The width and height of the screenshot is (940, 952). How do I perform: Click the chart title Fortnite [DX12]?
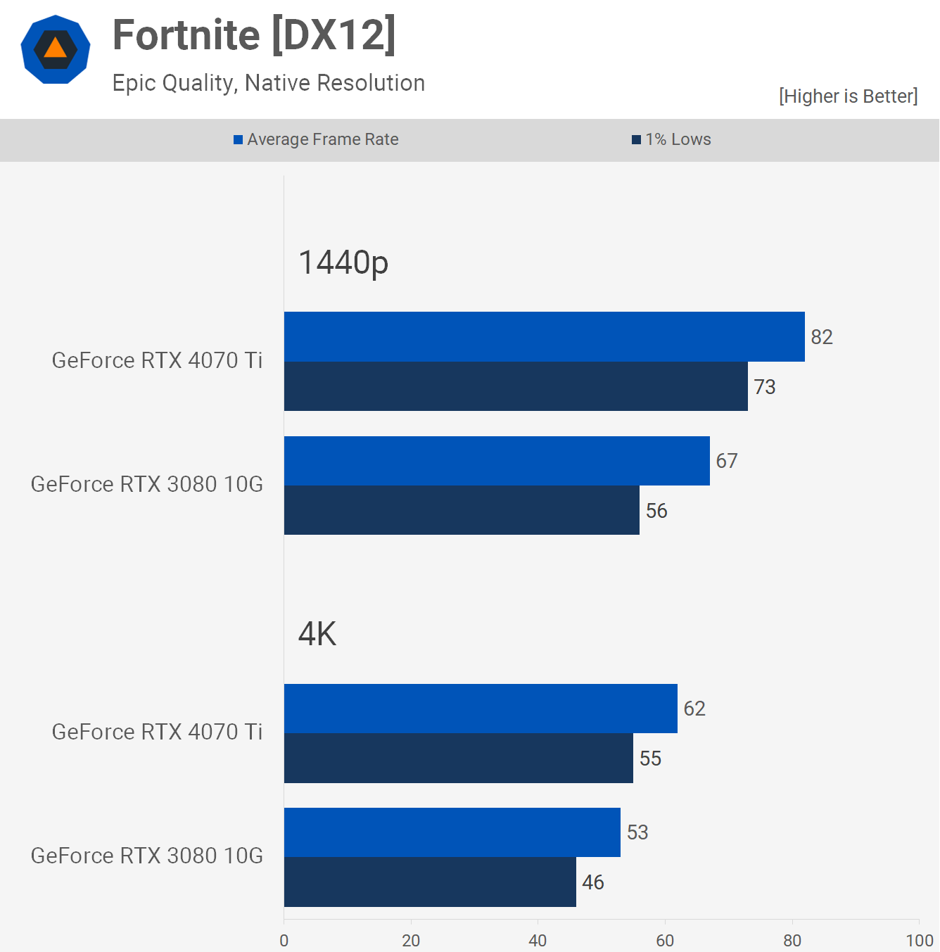click(x=254, y=35)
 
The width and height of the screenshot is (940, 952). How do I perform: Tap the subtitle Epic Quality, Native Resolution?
click(x=268, y=83)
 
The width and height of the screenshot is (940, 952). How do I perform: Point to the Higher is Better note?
click(x=848, y=96)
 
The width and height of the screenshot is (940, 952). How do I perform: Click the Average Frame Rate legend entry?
click(x=316, y=139)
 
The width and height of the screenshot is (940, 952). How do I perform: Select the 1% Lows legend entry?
click(x=672, y=139)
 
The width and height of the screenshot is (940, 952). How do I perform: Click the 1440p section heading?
click(x=343, y=262)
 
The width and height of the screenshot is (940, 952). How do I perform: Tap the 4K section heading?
click(x=317, y=634)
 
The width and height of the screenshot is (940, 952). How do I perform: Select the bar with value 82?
click(x=544, y=337)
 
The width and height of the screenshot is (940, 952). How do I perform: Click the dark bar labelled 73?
click(x=516, y=386)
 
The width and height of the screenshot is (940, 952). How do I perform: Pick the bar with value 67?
click(x=497, y=461)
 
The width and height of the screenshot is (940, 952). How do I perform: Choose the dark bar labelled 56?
click(x=462, y=510)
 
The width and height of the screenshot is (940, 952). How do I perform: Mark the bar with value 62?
click(x=481, y=709)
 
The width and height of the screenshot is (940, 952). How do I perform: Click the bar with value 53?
click(x=452, y=832)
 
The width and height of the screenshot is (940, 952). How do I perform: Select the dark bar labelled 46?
click(x=430, y=882)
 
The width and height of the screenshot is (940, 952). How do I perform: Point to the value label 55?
click(x=650, y=759)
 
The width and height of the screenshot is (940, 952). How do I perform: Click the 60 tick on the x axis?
click(x=665, y=941)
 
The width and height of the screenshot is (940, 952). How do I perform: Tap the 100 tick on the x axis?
click(x=919, y=941)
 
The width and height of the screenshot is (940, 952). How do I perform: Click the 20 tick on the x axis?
click(x=411, y=941)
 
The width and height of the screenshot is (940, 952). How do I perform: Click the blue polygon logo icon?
click(x=56, y=49)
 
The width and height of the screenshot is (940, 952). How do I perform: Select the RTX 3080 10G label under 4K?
click(x=147, y=856)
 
